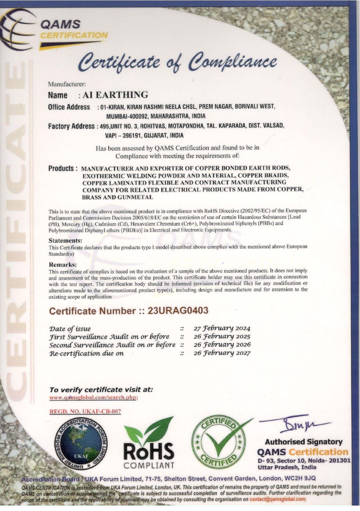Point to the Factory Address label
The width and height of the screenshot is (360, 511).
point(71,126)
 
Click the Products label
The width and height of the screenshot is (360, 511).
point(61,168)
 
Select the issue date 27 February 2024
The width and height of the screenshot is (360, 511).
point(222,328)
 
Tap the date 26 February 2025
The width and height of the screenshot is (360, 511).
point(222,337)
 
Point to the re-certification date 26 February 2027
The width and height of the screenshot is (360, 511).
point(222,353)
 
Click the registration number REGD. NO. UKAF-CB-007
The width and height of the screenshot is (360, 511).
point(85,411)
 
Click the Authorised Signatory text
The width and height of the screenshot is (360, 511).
point(303,442)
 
